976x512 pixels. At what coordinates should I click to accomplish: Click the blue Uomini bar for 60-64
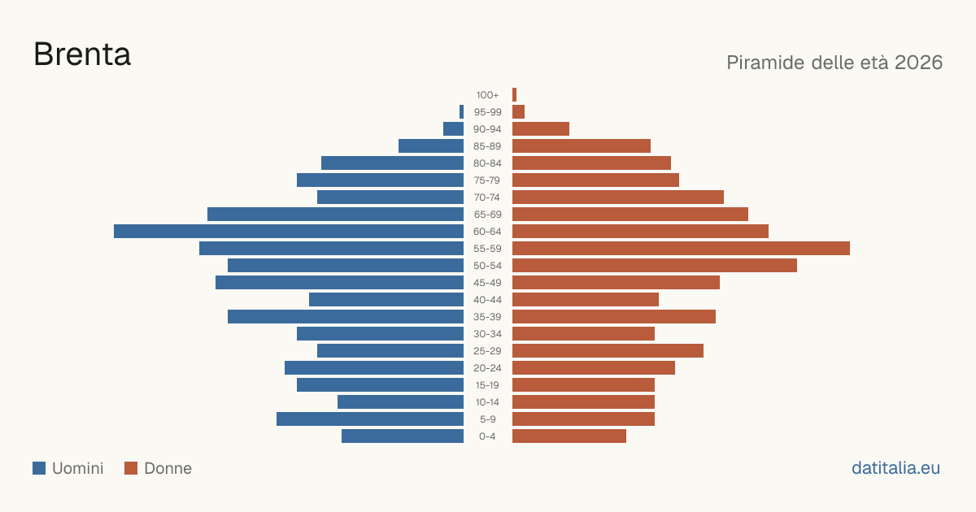[289, 231]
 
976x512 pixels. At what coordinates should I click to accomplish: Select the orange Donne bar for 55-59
[681, 248]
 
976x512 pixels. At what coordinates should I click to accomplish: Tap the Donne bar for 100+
[515, 94]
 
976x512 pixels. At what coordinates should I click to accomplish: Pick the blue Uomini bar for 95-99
[461, 111]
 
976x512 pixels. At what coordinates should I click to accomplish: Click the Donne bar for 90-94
[541, 129]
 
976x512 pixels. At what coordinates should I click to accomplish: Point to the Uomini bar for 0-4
[403, 436]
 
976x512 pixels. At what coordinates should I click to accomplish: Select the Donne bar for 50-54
[655, 265]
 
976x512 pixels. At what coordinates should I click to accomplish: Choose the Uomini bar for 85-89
[431, 145]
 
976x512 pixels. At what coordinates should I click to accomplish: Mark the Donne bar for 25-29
[608, 350]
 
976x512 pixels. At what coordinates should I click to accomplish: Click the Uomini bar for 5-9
[370, 419]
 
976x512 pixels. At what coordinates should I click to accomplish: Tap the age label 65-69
[487, 215]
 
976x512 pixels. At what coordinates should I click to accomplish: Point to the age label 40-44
[487, 300]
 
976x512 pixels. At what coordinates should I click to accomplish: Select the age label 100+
[487, 95]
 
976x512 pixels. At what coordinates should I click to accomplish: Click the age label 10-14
[487, 401]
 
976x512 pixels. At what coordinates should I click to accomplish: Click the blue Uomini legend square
[39, 468]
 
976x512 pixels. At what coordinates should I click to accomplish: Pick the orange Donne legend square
[131, 468]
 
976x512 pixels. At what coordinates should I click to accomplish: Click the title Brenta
[82, 54]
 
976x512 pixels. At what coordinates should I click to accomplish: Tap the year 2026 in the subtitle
[918, 63]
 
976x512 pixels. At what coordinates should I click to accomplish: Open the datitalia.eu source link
[895, 468]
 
